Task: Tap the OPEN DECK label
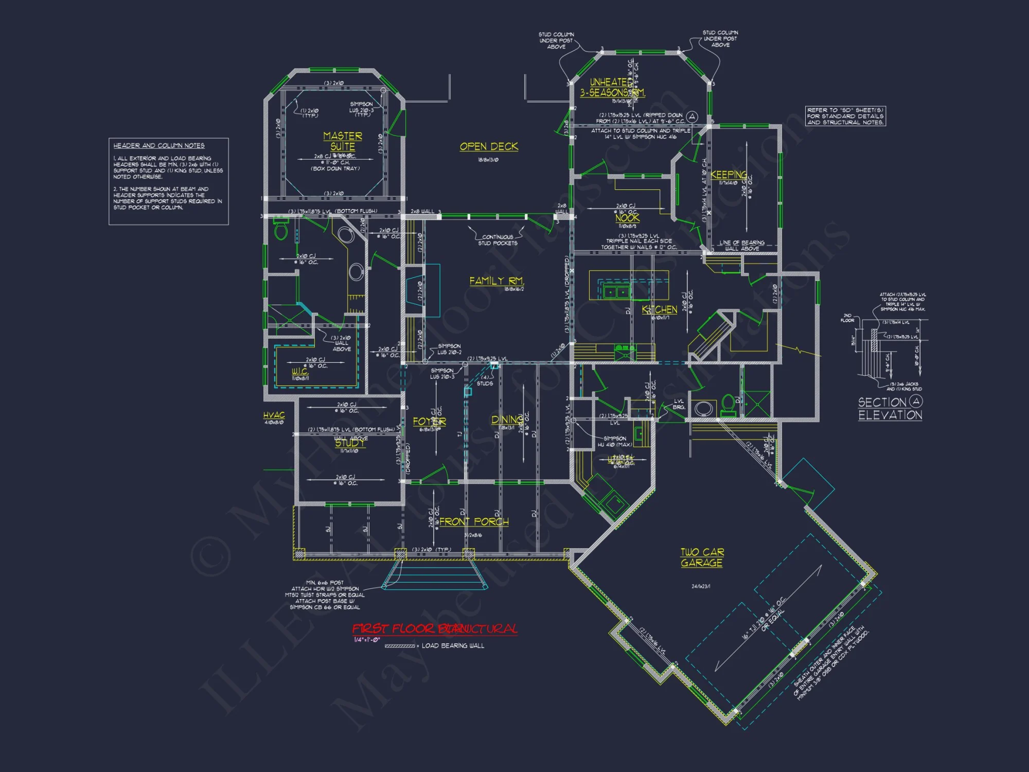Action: coord(489,147)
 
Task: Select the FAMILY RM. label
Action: coord(496,281)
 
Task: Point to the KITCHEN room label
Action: coord(660,309)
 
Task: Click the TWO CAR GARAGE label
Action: coord(702,557)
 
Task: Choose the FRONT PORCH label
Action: coord(474,521)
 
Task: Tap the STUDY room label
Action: coord(350,443)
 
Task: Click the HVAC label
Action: coord(274,415)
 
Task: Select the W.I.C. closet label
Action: coord(300,371)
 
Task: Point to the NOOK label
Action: coord(627,218)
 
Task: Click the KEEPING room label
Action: coord(729,174)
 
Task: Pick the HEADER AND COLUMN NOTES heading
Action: coord(159,146)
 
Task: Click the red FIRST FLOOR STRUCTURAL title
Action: coord(435,628)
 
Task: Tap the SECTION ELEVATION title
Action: coord(890,408)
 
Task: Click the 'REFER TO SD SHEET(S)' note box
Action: coord(845,116)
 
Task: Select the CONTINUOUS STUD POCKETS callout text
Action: coord(498,240)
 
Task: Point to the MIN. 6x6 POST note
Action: coord(325,595)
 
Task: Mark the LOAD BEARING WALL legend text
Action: coord(453,645)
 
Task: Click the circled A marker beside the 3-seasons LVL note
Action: coord(692,116)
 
